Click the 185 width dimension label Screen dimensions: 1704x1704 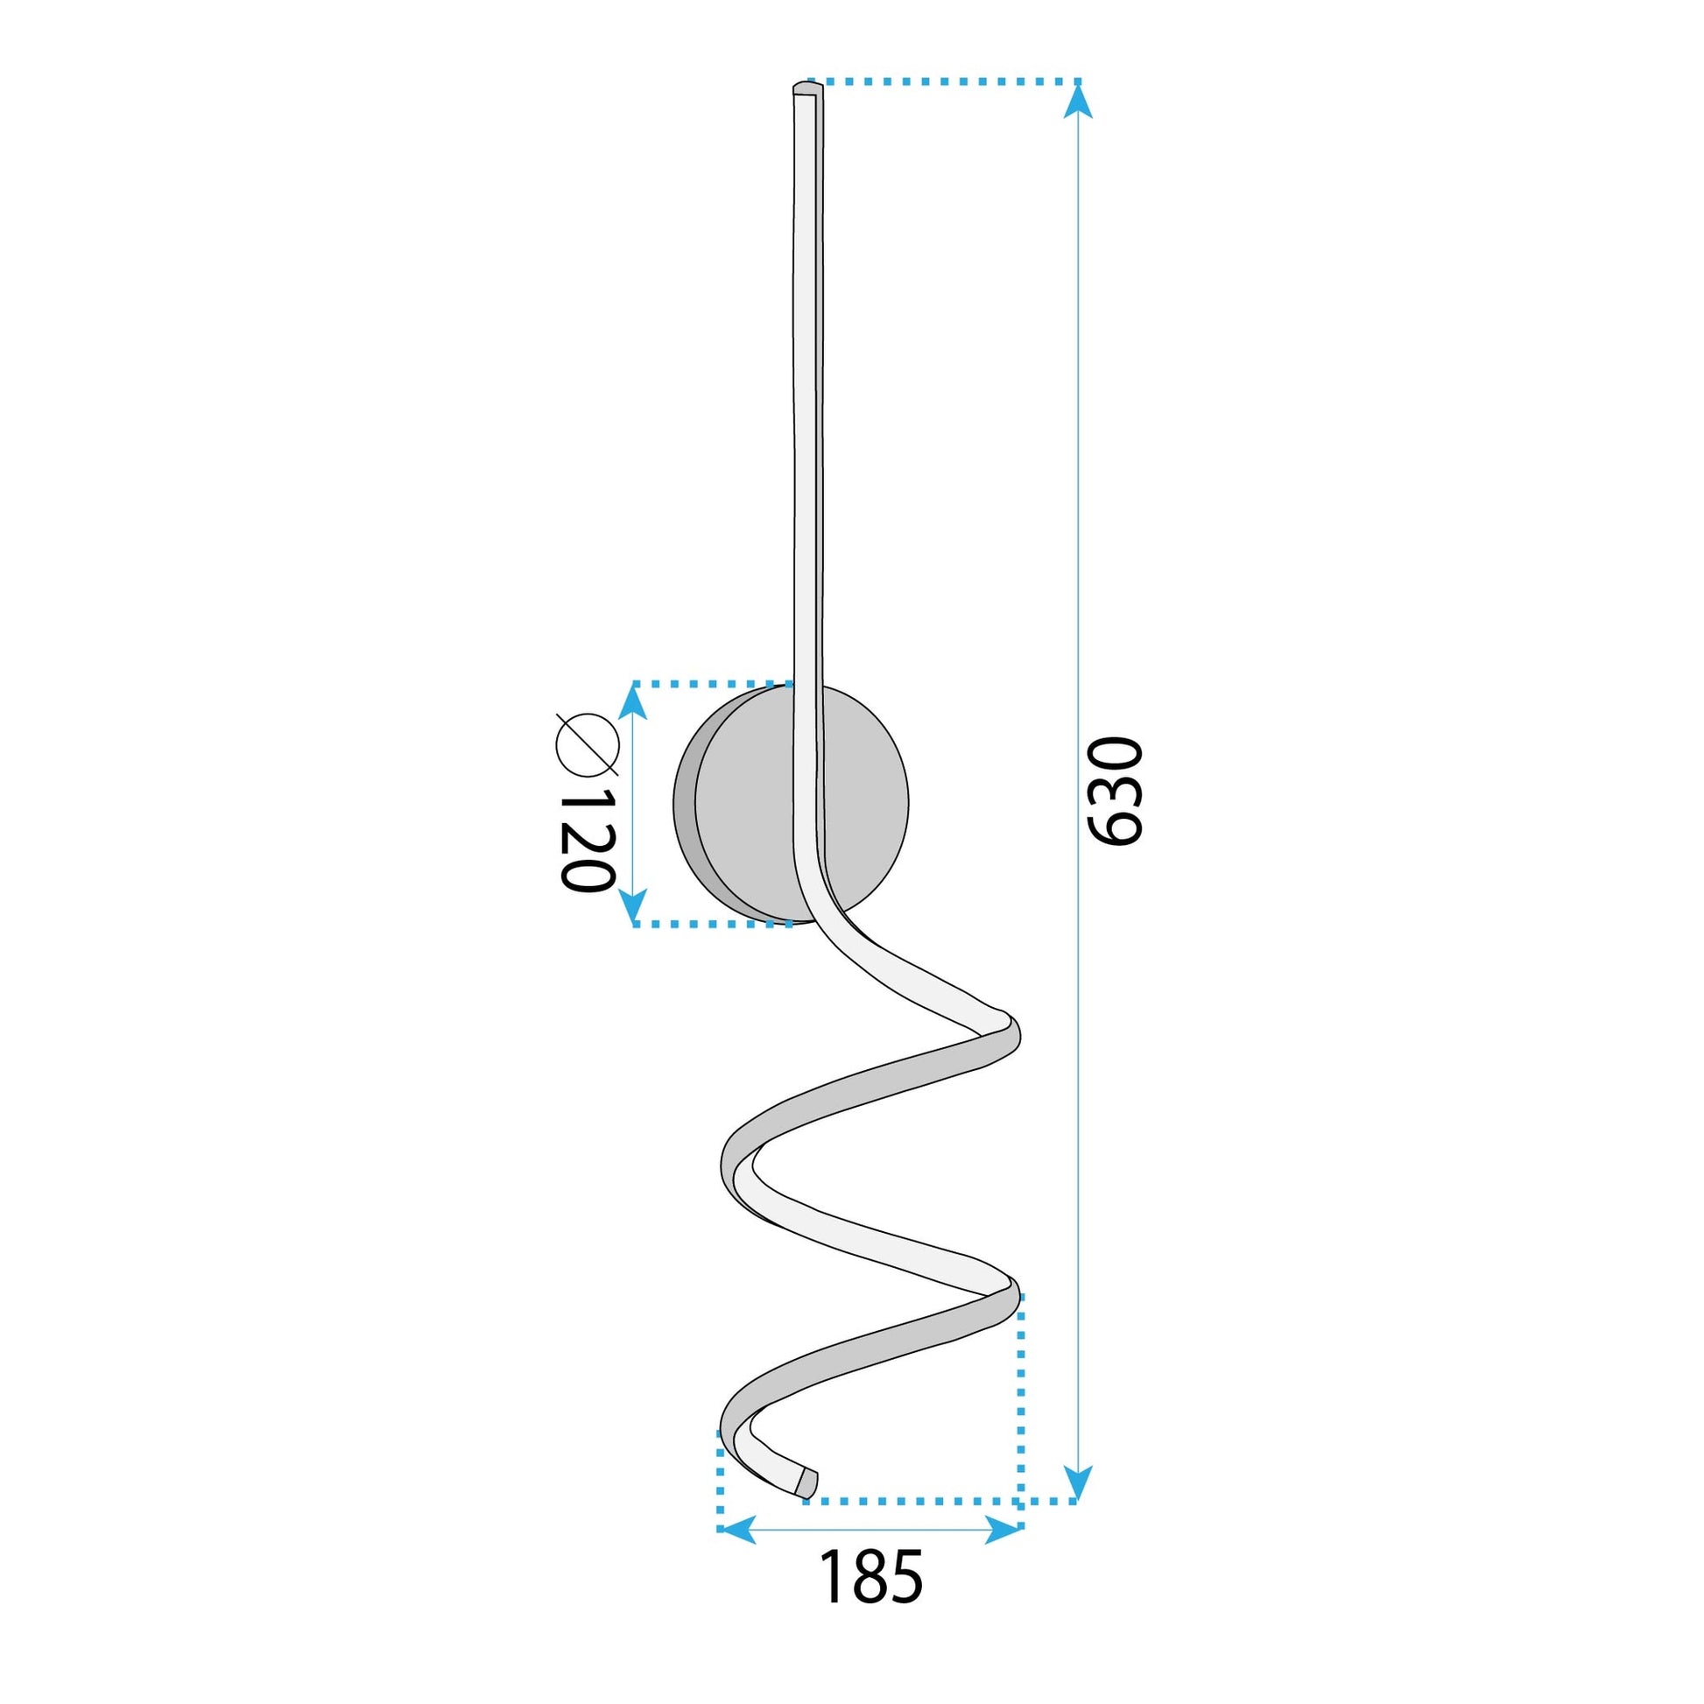[x=870, y=1577]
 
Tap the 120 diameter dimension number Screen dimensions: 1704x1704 [x=587, y=839]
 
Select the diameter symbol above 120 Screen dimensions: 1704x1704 [x=587, y=743]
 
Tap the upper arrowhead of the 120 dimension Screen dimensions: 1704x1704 [x=633, y=701]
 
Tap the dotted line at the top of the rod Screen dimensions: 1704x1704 [x=944, y=81]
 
